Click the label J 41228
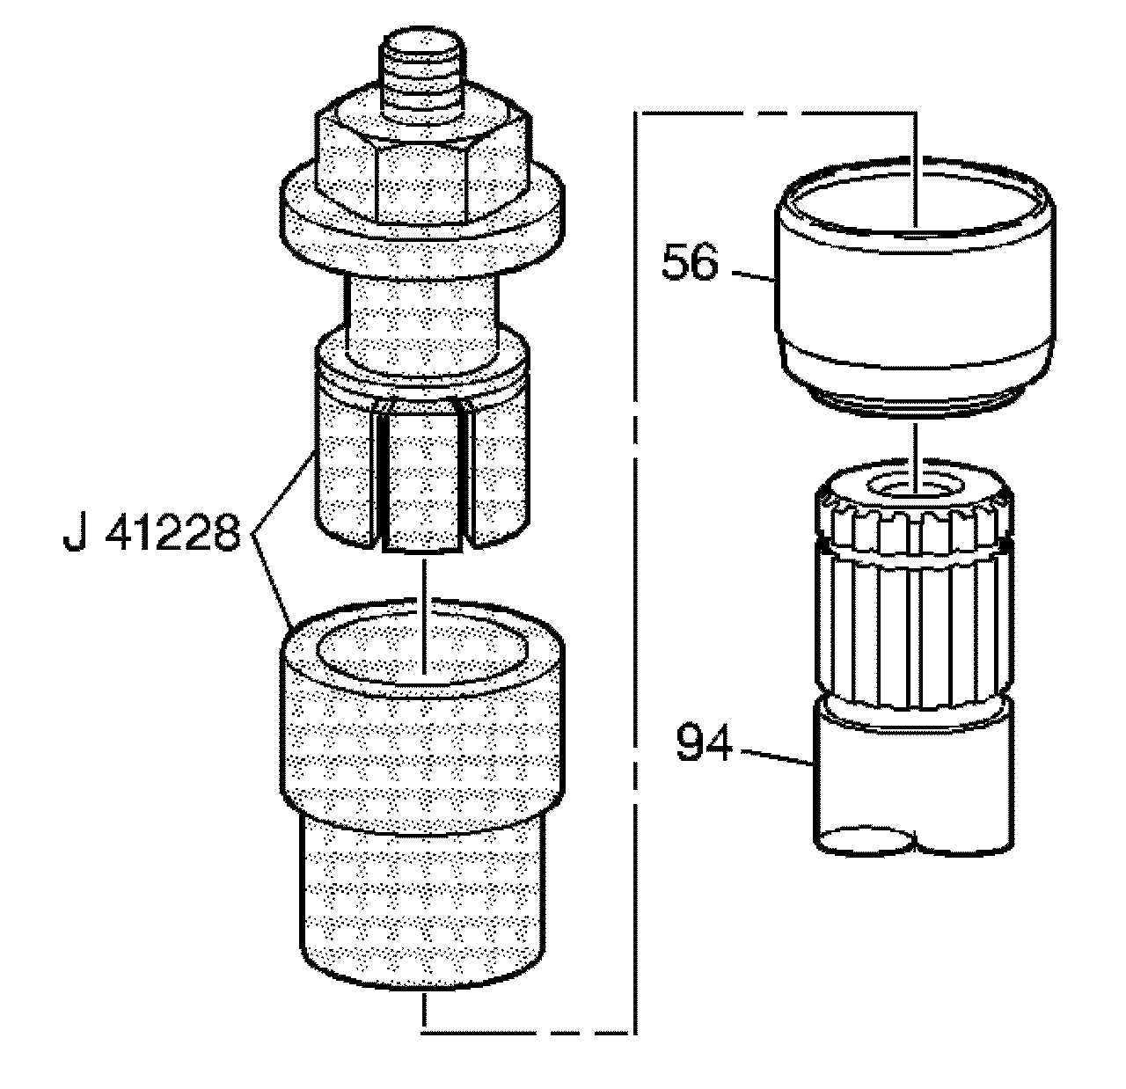pos(151,533)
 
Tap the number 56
pos(690,263)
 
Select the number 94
pos(705,743)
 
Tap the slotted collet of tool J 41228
pos(422,457)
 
